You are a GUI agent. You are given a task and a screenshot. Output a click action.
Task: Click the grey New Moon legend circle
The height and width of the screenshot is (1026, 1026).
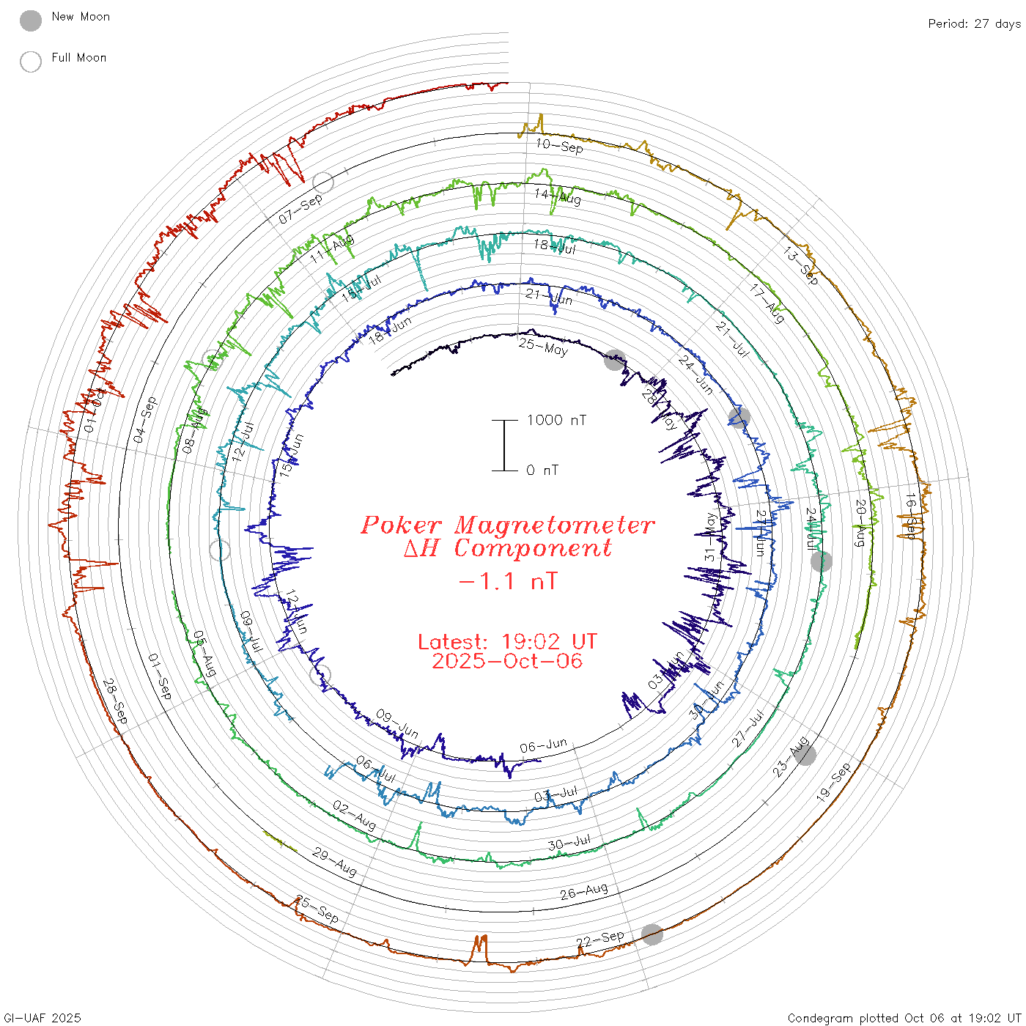31,21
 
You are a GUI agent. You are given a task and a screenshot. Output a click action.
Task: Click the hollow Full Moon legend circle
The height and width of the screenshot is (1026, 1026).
31,62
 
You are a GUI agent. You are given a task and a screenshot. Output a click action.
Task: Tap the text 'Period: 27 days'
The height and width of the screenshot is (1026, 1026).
974,23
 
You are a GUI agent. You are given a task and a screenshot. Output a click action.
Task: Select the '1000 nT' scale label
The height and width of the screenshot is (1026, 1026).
556,420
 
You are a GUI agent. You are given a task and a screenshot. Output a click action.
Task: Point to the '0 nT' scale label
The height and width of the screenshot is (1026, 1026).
542,470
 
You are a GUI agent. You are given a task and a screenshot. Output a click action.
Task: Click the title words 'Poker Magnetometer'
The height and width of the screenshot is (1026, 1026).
507,525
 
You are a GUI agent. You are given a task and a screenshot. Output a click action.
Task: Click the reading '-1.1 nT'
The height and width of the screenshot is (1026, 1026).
507,582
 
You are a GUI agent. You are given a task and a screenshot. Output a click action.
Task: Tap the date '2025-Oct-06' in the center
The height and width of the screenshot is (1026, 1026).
507,661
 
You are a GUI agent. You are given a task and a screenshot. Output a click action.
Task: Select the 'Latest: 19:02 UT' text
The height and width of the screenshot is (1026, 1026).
507,642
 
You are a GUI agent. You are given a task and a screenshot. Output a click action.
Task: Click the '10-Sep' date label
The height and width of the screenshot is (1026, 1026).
559,146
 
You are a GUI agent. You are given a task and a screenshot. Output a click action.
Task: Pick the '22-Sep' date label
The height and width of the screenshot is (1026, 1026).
600,939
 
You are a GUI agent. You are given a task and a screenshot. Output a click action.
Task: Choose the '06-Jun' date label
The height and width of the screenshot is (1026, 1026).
543,746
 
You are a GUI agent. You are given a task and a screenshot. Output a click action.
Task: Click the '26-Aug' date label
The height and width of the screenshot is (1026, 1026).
584,891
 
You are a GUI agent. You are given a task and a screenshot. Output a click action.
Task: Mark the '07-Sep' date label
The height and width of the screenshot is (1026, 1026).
300,210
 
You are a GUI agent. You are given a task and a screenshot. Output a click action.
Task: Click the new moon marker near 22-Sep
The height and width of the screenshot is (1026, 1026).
652,934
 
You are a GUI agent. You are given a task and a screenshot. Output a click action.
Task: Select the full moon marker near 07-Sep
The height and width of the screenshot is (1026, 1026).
323,182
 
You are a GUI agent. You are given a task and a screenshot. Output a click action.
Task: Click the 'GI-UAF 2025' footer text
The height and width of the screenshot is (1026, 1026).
42,1018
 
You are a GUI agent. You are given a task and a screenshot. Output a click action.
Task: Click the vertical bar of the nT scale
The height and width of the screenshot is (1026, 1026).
504,446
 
